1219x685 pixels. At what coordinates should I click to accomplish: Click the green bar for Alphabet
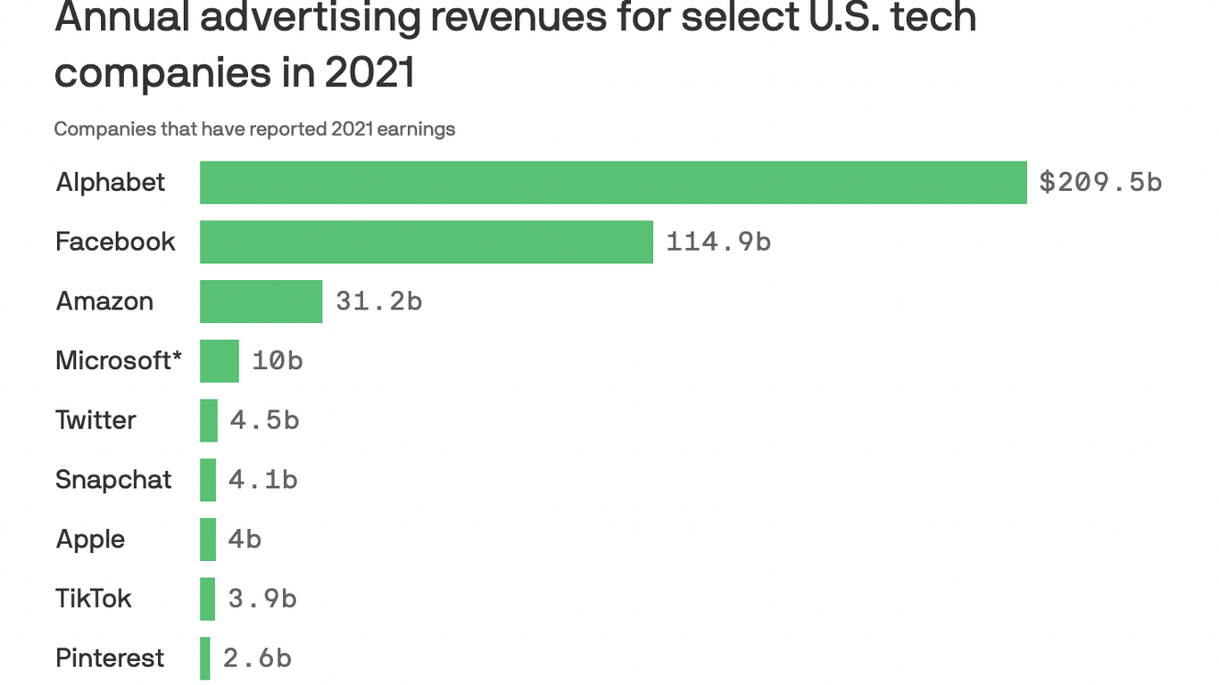(x=613, y=183)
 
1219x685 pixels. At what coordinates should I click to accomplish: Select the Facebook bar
(x=427, y=242)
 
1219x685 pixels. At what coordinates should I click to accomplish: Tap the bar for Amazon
(x=261, y=301)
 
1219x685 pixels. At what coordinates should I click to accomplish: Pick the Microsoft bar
(x=220, y=361)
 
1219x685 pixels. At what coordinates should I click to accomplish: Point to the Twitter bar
(x=209, y=420)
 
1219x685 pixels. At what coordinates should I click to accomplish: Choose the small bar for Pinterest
(x=205, y=658)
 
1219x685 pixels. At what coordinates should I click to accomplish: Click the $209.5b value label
(x=1100, y=183)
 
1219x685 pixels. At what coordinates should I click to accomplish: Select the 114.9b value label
(x=718, y=242)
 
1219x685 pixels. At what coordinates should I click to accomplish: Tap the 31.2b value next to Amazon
(x=378, y=301)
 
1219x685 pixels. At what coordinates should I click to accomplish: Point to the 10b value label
(x=277, y=361)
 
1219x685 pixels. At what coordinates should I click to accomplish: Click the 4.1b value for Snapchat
(x=262, y=480)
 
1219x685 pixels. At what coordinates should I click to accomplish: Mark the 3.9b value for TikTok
(x=262, y=598)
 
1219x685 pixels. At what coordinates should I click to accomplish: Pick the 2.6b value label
(x=257, y=658)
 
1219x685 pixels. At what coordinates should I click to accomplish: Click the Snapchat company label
(x=113, y=480)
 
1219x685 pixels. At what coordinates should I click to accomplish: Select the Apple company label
(x=90, y=540)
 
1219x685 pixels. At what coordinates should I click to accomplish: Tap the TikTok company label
(x=94, y=598)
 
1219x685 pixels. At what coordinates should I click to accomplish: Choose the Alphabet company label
(x=111, y=183)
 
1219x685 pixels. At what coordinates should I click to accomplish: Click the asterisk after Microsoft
(x=178, y=357)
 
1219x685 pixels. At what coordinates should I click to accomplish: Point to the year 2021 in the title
(x=369, y=71)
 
